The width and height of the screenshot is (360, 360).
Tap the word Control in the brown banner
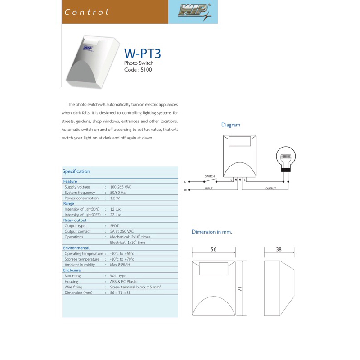(x=87, y=12)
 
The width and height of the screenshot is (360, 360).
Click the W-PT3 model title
(x=142, y=54)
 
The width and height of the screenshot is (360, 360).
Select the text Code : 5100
(x=138, y=70)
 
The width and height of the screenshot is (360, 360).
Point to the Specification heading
(x=76, y=171)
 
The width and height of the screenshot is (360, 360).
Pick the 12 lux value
(x=115, y=209)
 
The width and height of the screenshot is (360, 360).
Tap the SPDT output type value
(x=114, y=226)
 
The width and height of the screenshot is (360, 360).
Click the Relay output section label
(x=75, y=220)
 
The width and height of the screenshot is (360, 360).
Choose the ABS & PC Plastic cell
(x=124, y=281)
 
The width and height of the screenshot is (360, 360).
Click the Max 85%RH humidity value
(x=120, y=265)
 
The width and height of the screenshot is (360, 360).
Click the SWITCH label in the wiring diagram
(x=210, y=176)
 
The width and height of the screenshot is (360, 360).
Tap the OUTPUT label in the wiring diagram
(x=270, y=189)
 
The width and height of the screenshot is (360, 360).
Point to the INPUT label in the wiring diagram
(x=209, y=189)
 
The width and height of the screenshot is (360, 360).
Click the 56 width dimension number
(x=214, y=249)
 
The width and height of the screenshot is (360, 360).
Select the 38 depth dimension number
(x=279, y=249)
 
